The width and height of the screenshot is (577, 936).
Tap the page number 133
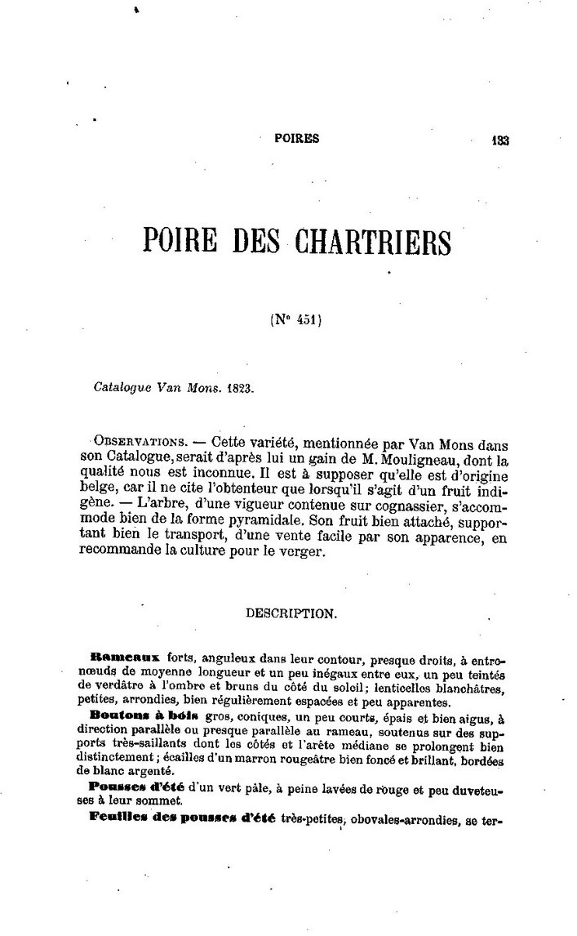click(500, 140)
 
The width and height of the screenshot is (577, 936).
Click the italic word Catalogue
click(122, 390)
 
